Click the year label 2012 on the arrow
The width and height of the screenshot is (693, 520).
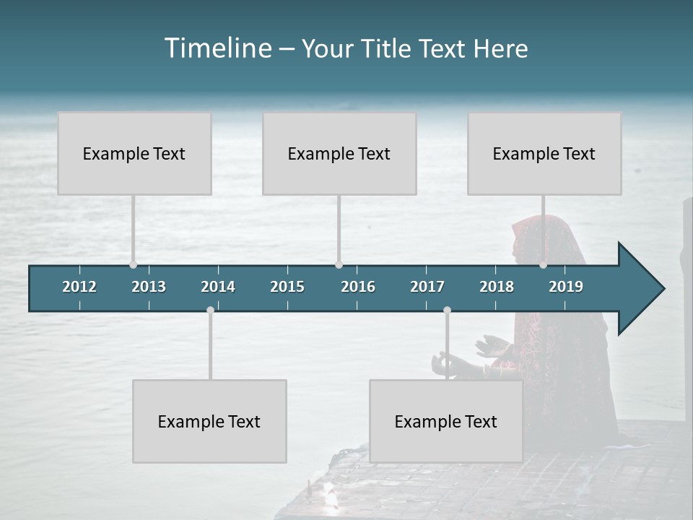coord(79,287)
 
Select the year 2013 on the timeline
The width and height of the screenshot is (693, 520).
coord(149,287)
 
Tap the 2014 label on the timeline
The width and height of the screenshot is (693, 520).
coord(218,287)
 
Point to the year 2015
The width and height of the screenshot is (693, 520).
coord(287,287)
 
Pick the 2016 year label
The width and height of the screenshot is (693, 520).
coord(358,287)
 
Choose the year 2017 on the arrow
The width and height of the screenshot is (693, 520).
coord(427,287)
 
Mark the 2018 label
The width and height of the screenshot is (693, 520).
coord(497,287)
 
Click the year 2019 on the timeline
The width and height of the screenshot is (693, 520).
coord(566,287)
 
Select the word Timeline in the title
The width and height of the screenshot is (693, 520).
coord(217,48)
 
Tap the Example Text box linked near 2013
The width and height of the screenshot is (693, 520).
coord(134,153)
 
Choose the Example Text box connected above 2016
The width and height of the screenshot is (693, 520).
coord(339,153)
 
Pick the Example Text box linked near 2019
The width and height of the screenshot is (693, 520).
coord(544,153)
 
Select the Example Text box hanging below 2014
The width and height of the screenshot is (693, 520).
coord(209,421)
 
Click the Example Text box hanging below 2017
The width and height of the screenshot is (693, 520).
coord(446,421)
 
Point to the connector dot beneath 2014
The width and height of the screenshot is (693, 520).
coord(210,310)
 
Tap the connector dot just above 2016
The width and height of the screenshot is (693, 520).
coord(339,265)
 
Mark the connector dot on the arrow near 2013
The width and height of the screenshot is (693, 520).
coord(133,265)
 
